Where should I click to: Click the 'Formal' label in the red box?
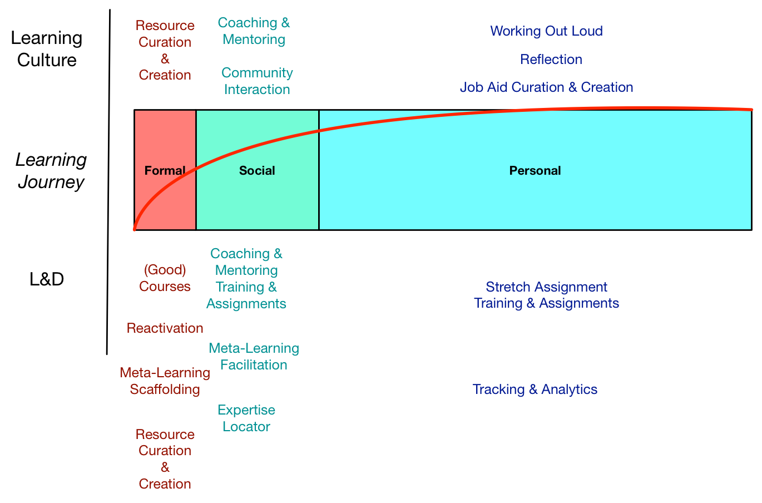click(x=165, y=171)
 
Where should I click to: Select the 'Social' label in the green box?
click(x=257, y=171)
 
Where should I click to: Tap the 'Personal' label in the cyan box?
click(x=535, y=171)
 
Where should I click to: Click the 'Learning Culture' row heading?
click(x=47, y=49)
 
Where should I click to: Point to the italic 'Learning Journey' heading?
click(x=51, y=171)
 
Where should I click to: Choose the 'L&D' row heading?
click(x=47, y=279)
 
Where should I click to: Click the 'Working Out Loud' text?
click(x=546, y=31)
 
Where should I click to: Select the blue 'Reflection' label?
click(x=551, y=60)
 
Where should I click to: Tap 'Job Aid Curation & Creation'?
click(x=546, y=87)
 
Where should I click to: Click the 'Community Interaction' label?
click(x=257, y=81)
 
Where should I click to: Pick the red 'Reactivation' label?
click(x=165, y=328)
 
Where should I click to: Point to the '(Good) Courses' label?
click(x=165, y=278)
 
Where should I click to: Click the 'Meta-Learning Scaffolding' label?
click(x=165, y=381)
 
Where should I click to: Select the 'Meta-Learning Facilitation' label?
click(x=254, y=357)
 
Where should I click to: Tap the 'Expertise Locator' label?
click(x=246, y=418)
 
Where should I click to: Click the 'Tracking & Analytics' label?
click(x=535, y=389)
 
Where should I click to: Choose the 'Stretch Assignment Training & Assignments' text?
click(x=546, y=295)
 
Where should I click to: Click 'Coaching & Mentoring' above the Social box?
click(x=254, y=31)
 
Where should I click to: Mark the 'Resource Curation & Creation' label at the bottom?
click(x=165, y=459)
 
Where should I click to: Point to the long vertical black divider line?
click(x=108, y=184)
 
